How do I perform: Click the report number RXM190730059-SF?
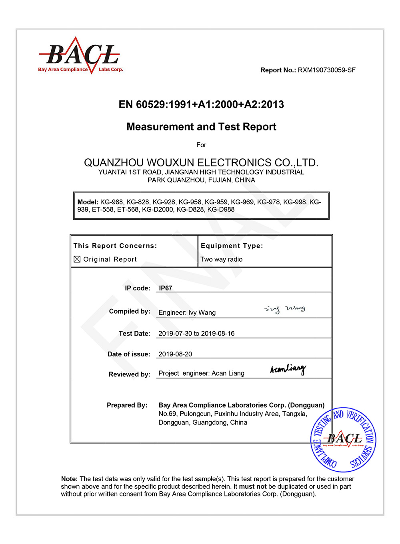click(326, 70)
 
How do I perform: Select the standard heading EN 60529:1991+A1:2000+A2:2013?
click(201, 104)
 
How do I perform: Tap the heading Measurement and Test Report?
click(201, 127)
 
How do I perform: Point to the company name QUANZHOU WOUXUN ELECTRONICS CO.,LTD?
click(201, 162)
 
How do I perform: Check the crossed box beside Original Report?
click(77, 259)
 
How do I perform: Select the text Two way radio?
click(221, 259)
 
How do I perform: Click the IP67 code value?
click(166, 288)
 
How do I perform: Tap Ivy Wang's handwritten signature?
click(285, 309)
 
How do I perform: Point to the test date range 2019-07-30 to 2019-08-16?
click(196, 333)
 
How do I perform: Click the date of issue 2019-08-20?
click(175, 354)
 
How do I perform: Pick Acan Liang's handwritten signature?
click(288, 369)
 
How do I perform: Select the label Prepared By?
click(127, 405)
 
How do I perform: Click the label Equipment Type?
click(232, 246)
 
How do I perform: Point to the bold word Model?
click(88, 202)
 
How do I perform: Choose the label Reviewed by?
click(129, 374)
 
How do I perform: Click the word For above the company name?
click(201, 145)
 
